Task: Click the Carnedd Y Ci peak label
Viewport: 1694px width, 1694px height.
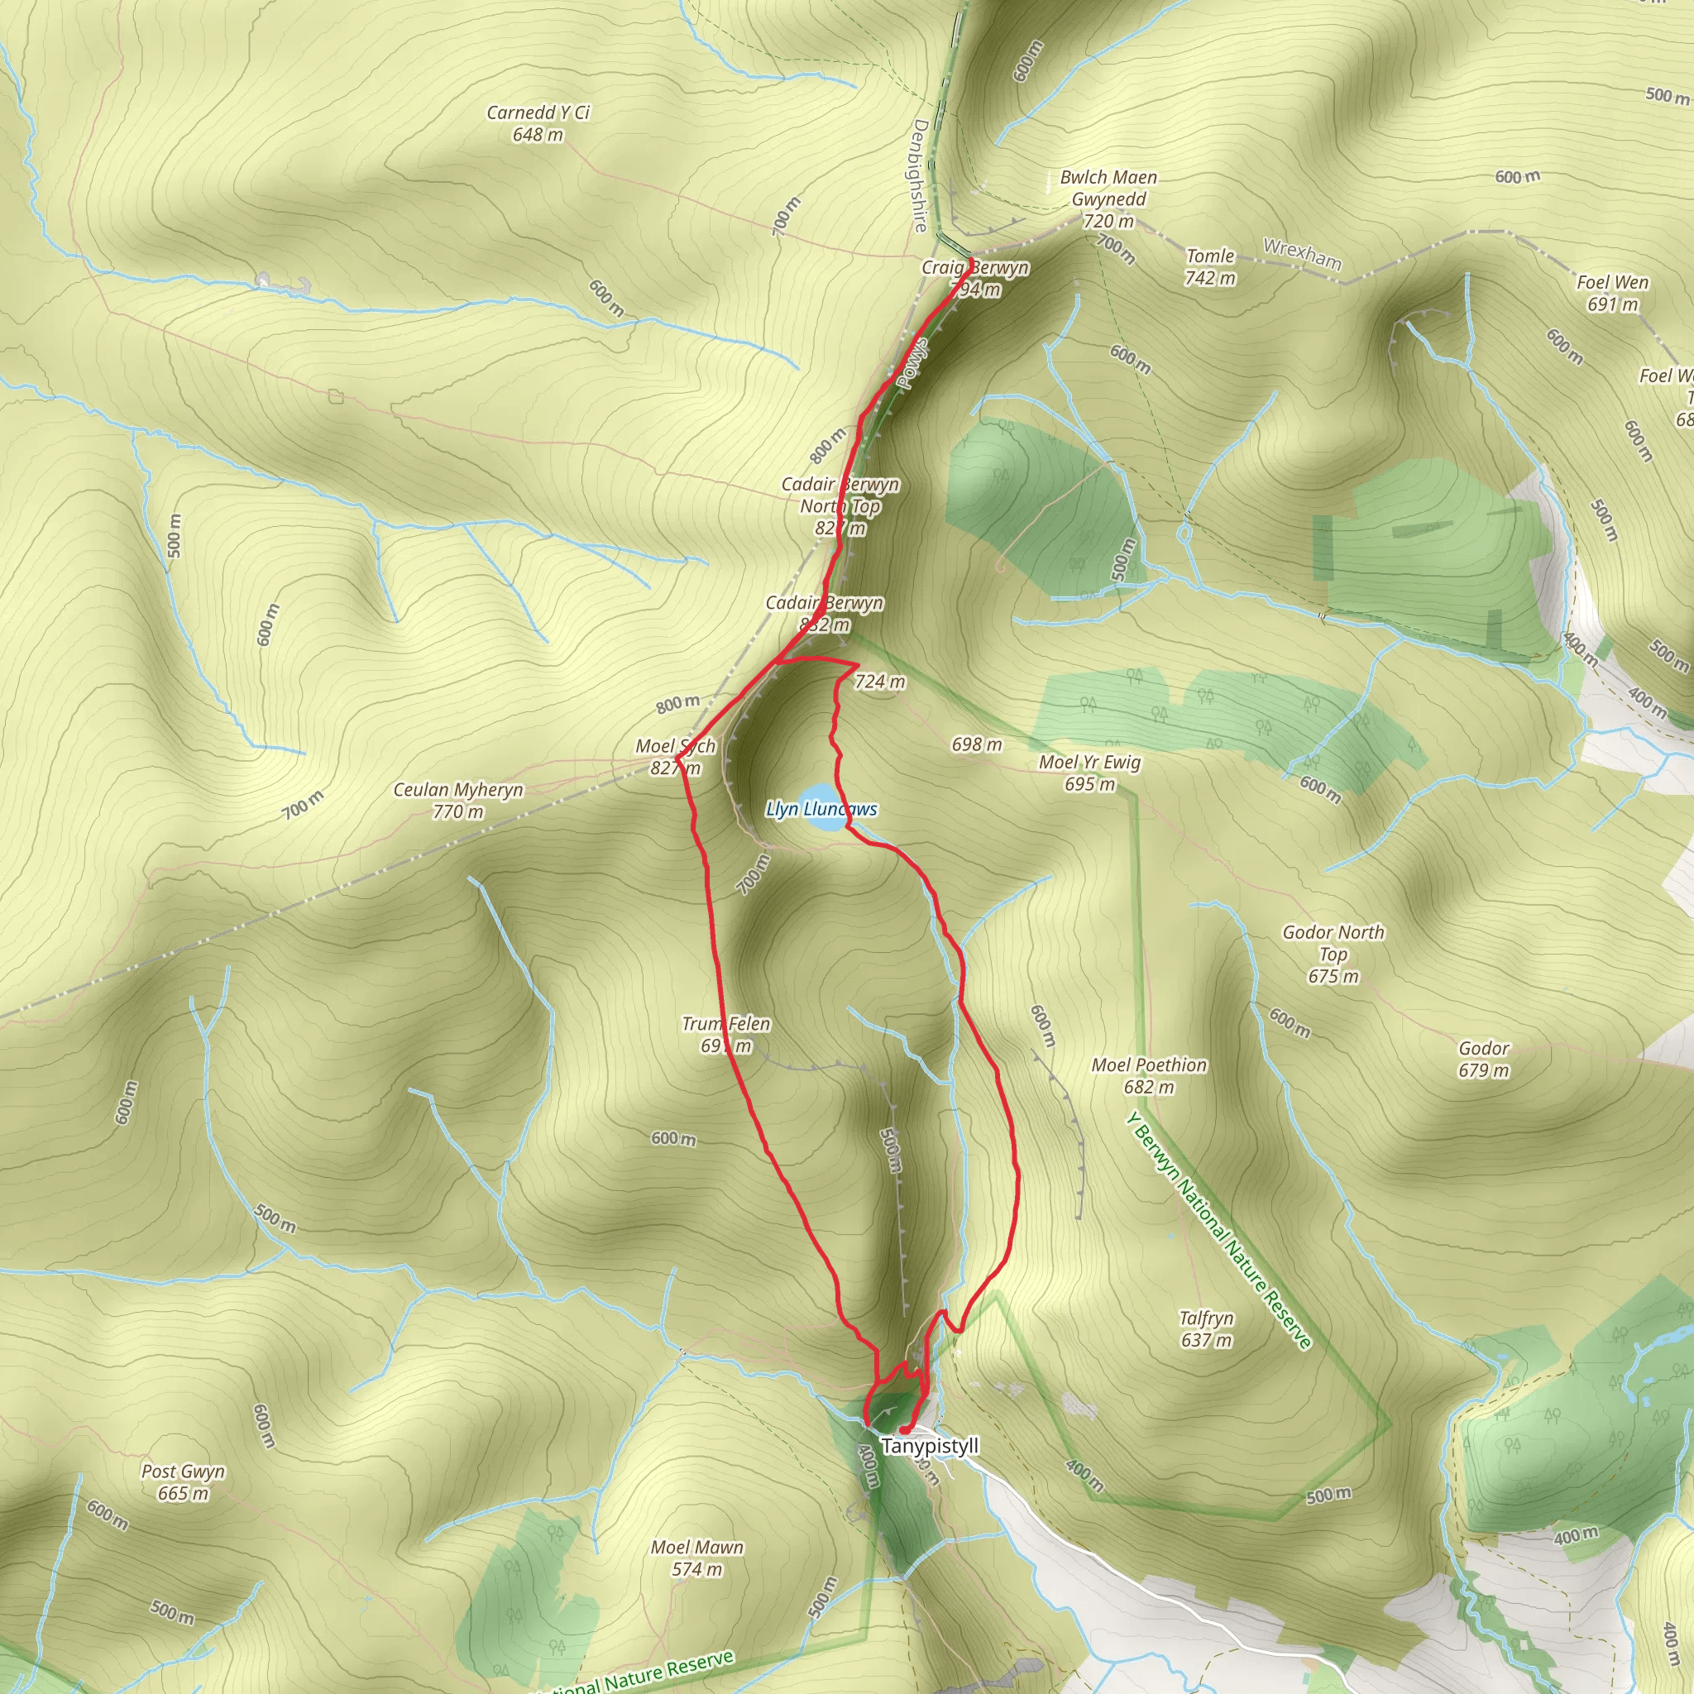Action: [x=538, y=123]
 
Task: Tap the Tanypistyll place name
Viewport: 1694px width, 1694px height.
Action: [x=930, y=1446]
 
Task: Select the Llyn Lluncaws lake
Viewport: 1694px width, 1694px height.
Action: [x=822, y=809]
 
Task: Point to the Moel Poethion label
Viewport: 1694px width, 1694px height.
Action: [x=1149, y=1076]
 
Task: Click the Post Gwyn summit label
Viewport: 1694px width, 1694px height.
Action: [x=184, y=1481]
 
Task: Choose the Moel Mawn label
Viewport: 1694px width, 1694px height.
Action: [x=697, y=1558]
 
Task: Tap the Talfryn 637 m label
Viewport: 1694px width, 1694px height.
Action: [x=1206, y=1328]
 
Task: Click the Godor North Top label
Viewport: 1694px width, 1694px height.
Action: [x=1333, y=954]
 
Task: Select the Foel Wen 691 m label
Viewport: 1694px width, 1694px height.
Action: [x=1611, y=293]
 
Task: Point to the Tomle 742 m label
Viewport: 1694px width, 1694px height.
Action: [x=1210, y=266]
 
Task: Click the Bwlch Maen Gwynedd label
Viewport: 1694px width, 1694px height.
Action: [x=1108, y=199]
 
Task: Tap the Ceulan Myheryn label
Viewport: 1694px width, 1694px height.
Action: [x=457, y=801]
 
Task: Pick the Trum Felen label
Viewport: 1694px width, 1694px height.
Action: [x=726, y=1035]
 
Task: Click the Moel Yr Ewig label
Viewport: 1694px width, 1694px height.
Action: [x=1089, y=773]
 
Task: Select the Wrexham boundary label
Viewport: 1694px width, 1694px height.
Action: [x=1302, y=253]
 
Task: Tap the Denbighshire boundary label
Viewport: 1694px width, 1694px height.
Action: [x=920, y=175]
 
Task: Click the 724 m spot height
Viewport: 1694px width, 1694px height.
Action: [x=879, y=682]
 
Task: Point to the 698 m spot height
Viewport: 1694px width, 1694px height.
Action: [x=977, y=744]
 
